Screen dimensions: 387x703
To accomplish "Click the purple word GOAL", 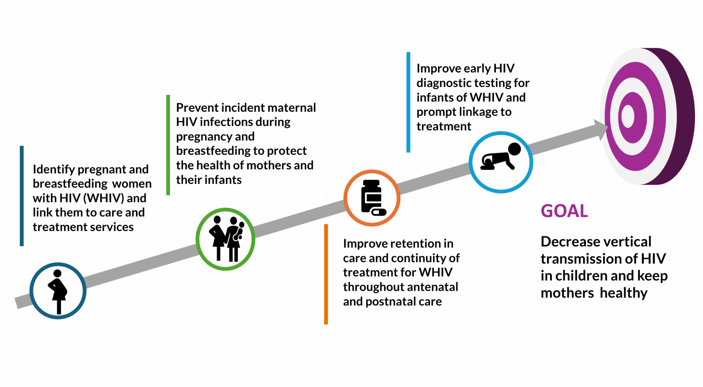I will (564, 211).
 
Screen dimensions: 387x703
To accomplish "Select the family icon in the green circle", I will (225, 239).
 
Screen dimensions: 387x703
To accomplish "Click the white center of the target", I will (628, 116).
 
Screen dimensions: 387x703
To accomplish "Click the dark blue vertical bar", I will (22, 196).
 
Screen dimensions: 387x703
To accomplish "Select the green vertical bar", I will (168, 145).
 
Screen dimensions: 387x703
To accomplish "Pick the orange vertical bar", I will (326, 274).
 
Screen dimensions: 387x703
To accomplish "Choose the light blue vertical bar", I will (408, 102).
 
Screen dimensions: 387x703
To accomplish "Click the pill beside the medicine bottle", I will (379, 212).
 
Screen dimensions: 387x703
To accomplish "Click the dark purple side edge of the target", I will (682, 116).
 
